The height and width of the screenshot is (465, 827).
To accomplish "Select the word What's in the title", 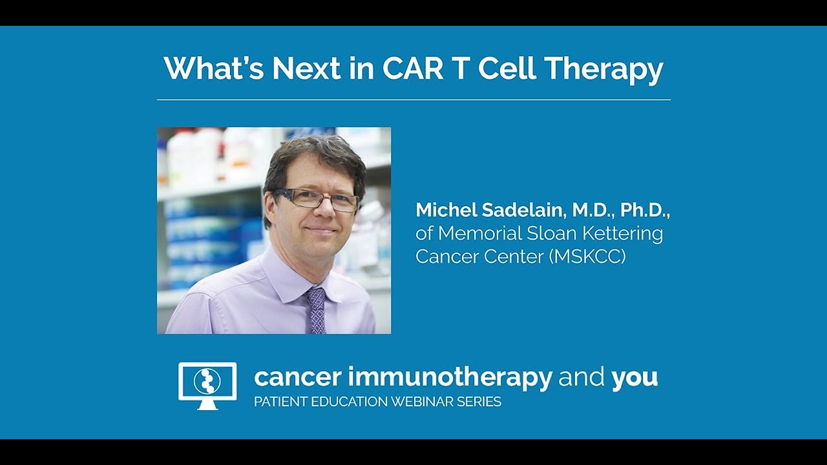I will click(x=213, y=68).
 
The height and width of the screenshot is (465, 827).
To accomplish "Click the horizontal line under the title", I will click(x=413, y=100).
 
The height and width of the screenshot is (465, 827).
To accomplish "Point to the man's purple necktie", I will click(x=317, y=310).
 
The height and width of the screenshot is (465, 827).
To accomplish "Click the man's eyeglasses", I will click(x=317, y=200).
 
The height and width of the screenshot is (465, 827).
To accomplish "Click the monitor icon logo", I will click(x=207, y=385).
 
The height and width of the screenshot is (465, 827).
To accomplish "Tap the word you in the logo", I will click(x=634, y=377).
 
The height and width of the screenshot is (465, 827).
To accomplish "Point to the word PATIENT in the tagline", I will click(x=278, y=402).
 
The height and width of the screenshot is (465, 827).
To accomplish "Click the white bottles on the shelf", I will click(x=194, y=155).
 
